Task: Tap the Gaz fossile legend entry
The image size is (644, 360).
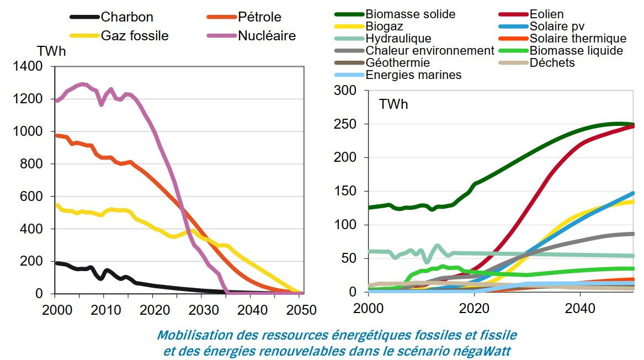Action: [135, 36]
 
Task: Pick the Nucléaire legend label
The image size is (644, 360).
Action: [267, 36]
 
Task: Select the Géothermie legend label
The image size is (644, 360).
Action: [397, 63]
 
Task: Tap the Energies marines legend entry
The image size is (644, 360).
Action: [413, 75]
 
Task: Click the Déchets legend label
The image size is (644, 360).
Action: [552, 63]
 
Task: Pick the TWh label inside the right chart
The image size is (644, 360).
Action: [393, 104]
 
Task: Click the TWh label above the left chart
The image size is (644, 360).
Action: [51, 51]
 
